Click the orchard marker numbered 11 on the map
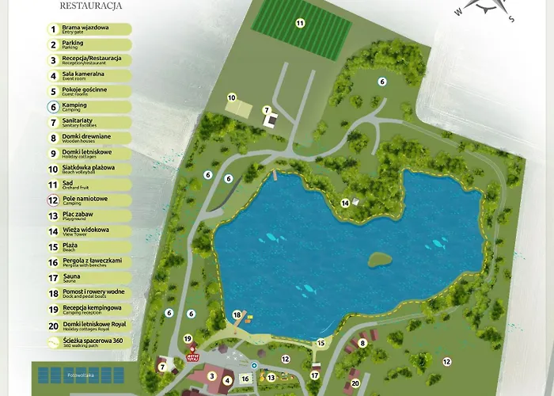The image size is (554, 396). point(300,23)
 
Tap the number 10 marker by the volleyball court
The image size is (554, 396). point(232,98)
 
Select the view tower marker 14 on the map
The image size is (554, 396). point(345,204)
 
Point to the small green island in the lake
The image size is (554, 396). point(380,259)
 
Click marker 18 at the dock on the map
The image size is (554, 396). point(237,315)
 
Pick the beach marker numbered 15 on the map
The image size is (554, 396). point(321,344)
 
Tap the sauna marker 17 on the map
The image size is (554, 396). point(315,375)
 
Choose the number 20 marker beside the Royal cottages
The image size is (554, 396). point(355,383)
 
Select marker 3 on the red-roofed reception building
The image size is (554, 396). point(211,376)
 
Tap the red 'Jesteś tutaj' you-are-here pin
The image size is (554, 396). point(191,355)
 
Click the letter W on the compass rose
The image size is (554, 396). point(458,12)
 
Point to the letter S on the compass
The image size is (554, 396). point(511,19)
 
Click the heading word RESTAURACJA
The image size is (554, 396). point(90,6)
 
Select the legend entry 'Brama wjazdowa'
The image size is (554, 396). point(85,29)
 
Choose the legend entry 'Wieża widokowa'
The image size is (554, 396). point(85,231)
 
